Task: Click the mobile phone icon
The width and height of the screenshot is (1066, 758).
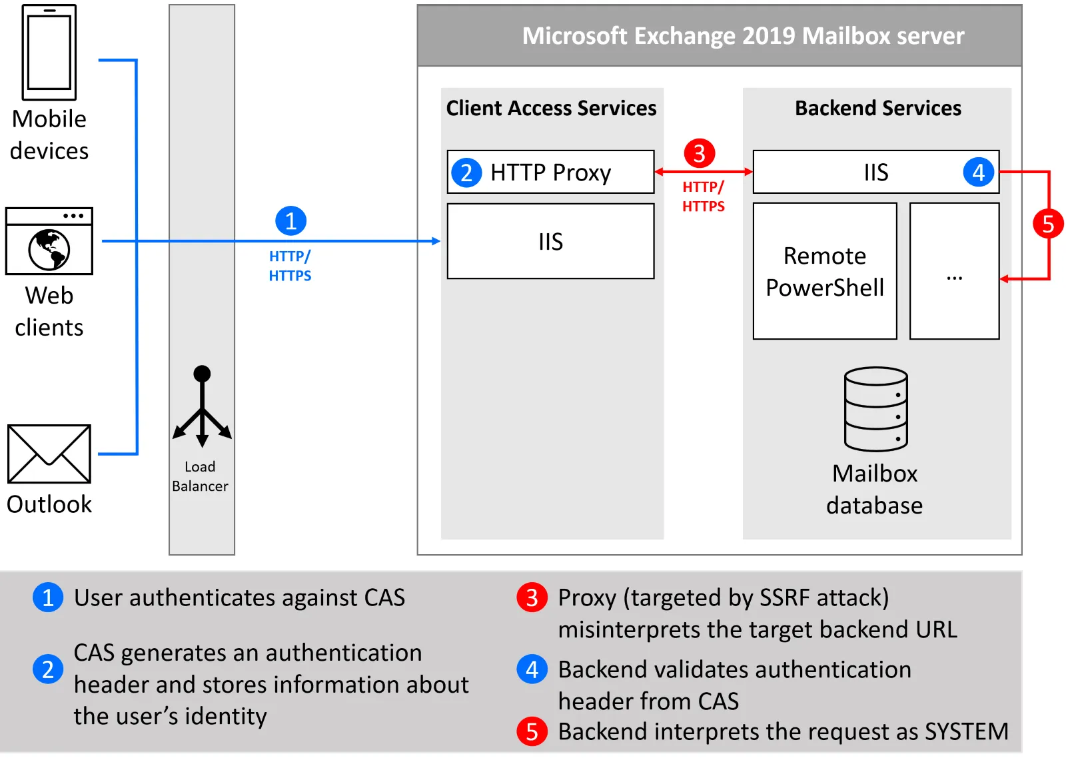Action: (x=49, y=52)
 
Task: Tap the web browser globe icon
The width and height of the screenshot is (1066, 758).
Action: (x=49, y=249)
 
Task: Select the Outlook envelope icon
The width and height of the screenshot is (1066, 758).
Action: (x=49, y=454)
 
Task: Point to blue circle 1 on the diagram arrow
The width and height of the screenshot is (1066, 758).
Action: (x=290, y=221)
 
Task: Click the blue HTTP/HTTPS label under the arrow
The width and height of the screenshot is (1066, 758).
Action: (x=290, y=266)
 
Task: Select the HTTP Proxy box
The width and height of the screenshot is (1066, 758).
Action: (x=550, y=172)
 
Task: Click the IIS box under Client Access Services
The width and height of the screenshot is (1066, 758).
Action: (x=550, y=241)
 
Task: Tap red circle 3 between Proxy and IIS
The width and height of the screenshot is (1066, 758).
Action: (x=699, y=154)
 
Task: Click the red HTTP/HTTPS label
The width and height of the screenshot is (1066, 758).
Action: (x=703, y=196)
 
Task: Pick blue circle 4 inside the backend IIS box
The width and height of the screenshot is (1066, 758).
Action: (x=978, y=173)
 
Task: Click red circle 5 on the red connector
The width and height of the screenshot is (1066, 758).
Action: (x=1047, y=224)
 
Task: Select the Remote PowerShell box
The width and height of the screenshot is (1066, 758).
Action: (x=824, y=271)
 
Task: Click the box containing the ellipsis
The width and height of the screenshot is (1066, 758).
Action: (x=954, y=271)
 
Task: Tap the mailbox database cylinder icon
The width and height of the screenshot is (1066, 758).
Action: (x=875, y=409)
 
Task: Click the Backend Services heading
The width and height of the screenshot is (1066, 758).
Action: (x=877, y=108)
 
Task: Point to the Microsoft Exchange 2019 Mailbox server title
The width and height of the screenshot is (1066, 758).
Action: (x=742, y=36)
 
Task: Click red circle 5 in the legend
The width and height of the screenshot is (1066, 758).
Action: (x=532, y=731)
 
